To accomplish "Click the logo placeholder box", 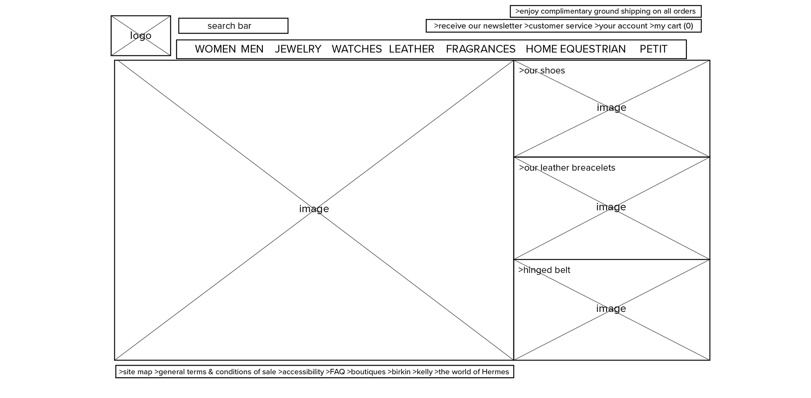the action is [x=141, y=36].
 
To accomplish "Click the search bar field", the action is [x=233, y=26].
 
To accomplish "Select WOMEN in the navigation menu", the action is [x=215, y=49].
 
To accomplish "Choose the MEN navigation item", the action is [x=252, y=49].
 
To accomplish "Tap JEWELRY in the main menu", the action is [x=298, y=49].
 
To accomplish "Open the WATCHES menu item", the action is [x=357, y=49].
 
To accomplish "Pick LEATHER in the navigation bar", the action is [x=411, y=49].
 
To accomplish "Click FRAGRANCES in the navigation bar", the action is [x=480, y=49].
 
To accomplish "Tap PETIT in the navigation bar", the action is [x=653, y=49].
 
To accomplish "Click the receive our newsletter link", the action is [x=478, y=26].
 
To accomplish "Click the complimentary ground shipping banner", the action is [x=605, y=11].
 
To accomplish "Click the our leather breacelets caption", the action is [x=567, y=168].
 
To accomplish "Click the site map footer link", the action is [x=136, y=372].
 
